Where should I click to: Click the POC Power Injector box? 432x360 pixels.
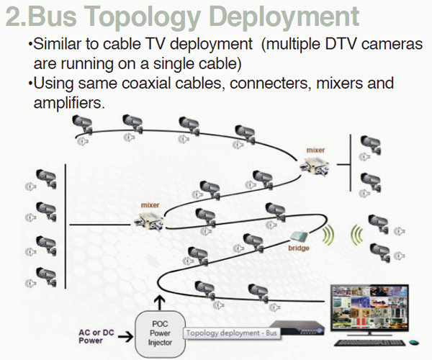click(x=160, y=334)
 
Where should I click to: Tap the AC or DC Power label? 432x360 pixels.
click(x=96, y=336)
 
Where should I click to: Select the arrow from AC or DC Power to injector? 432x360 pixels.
click(x=125, y=336)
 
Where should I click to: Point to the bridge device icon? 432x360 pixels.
click(x=300, y=235)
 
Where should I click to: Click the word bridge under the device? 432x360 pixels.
click(x=299, y=248)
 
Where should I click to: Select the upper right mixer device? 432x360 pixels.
click(x=315, y=166)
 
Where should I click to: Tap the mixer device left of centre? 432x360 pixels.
click(x=149, y=221)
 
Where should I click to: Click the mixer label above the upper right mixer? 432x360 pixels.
click(x=315, y=150)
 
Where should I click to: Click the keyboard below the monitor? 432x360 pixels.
click(x=369, y=343)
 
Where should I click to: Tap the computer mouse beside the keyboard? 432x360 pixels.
click(x=413, y=343)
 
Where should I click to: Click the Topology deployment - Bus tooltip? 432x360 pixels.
click(x=231, y=333)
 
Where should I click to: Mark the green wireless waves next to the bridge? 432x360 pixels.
click(x=328, y=235)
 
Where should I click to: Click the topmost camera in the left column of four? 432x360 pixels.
click(x=46, y=179)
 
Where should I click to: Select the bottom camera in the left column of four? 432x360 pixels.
click(x=46, y=276)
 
